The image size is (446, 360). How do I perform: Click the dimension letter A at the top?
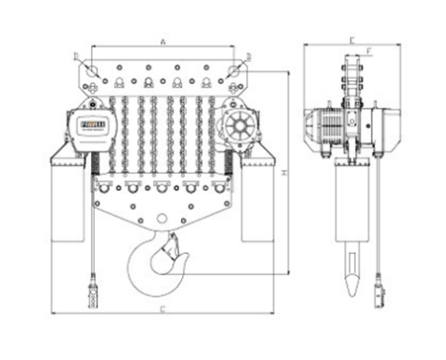coord(162,41)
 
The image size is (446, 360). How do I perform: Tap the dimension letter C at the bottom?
coord(162,310)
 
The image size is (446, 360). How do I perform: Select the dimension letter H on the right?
coord(284,170)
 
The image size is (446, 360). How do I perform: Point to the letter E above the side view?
coord(352,40)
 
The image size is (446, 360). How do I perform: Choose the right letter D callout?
coord(249,56)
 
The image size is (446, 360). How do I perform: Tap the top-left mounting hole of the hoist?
coord(91,68)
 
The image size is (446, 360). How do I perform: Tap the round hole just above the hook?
coord(162,219)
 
